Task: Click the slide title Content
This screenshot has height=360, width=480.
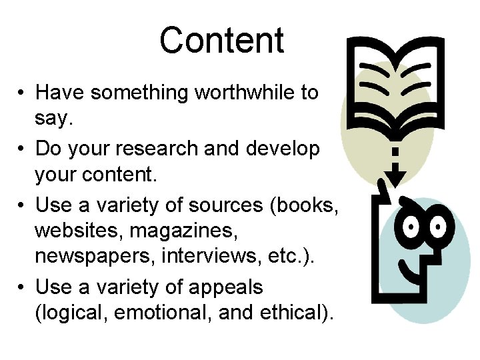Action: point(221,41)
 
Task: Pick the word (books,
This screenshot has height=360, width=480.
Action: point(303,205)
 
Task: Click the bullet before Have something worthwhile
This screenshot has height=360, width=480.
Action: point(22,93)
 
